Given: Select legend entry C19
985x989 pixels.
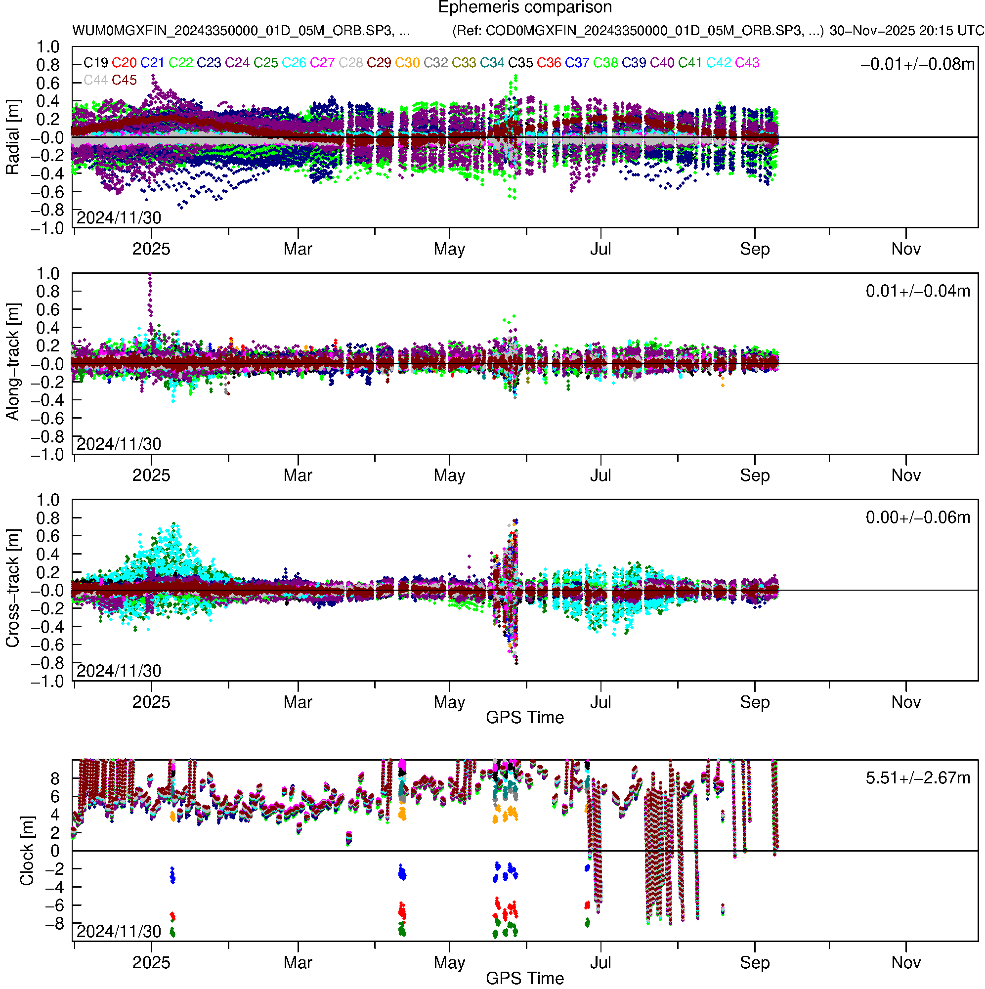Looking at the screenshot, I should point(96,63).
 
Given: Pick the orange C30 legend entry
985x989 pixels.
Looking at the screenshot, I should point(407,63).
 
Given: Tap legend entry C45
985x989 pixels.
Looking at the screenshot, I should point(125,81).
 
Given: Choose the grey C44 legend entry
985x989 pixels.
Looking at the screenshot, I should point(96,81).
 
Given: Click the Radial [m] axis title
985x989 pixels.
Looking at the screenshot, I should point(12,137).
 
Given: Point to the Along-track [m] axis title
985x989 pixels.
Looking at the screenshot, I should point(12,362).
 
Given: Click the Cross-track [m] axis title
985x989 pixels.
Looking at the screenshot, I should point(12,589).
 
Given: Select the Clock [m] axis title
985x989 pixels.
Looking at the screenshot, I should point(27,851).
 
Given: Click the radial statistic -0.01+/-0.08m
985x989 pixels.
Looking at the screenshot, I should point(917,64).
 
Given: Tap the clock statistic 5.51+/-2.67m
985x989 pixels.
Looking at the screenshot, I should point(917,778).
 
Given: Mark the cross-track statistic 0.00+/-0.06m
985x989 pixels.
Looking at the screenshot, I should point(917,517).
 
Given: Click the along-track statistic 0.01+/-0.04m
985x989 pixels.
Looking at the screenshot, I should point(917,291).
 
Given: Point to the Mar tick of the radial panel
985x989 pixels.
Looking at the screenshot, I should point(298,249).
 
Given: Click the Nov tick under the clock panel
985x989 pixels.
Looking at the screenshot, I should point(905,962).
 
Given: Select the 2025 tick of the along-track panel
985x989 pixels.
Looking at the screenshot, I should point(151,475).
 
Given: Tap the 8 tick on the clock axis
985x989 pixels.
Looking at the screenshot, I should point(55,778).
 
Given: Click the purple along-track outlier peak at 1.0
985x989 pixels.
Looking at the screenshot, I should point(149,275).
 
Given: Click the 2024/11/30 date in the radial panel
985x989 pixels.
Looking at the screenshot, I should point(119,218).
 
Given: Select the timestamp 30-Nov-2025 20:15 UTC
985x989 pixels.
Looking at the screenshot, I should point(906,31).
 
